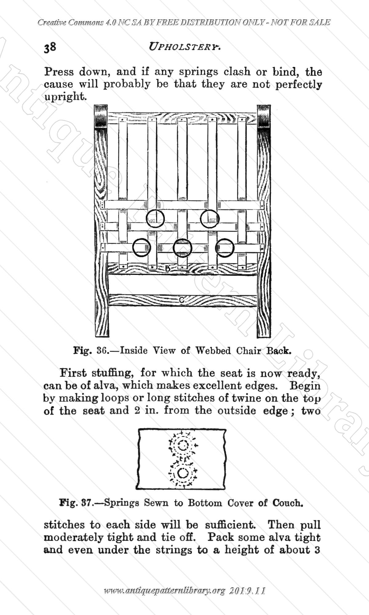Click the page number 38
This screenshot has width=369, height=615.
click(x=50, y=48)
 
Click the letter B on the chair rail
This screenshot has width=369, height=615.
click(x=168, y=269)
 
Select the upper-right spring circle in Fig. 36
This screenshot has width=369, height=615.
click(x=200, y=219)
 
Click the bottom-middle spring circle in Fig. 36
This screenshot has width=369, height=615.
click(x=173, y=248)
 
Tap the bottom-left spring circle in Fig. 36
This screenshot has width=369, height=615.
click(x=133, y=248)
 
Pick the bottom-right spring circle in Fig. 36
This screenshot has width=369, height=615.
click(x=216, y=248)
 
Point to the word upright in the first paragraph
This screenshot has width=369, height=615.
click(x=64, y=97)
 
